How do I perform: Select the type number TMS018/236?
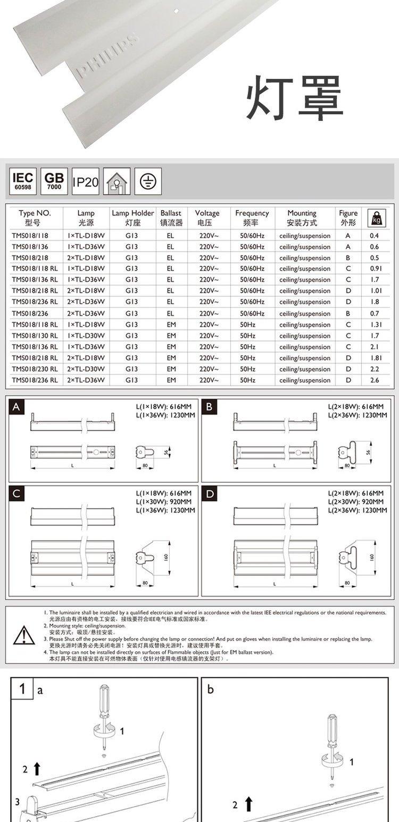pyautogui.click(x=30, y=313)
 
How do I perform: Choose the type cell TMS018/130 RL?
pyautogui.click(x=35, y=335)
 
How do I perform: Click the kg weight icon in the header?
pyautogui.click(x=377, y=217)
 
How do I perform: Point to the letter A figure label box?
pyautogui.click(x=17, y=407)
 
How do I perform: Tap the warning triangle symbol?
pyautogui.click(x=24, y=635)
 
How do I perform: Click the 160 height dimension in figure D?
pyautogui.click(x=371, y=557)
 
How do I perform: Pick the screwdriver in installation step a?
pyautogui.click(x=104, y=715)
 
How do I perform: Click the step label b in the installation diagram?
pyautogui.click(x=211, y=690)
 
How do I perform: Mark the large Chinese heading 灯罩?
pyautogui.click(x=294, y=98)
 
